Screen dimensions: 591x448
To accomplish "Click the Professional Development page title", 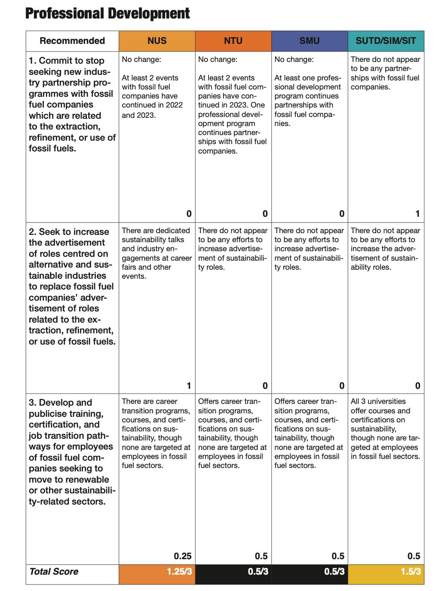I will [x=107, y=13].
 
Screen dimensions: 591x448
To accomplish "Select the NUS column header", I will [x=157, y=41].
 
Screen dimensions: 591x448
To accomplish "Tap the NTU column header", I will [x=233, y=41].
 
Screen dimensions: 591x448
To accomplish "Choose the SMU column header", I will [x=309, y=41].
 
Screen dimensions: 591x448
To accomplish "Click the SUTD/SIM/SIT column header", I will [x=386, y=41].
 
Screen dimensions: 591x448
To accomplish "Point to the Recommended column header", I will [x=72, y=41].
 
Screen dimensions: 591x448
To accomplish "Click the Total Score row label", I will [x=54, y=572].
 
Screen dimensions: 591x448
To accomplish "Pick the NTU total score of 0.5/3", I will [x=258, y=572].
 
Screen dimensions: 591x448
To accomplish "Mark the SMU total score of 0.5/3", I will [x=334, y=572].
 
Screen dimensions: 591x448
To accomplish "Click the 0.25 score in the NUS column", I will [x=183, y=556].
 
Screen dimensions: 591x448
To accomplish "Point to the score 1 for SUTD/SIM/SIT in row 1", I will [x=417, y=214].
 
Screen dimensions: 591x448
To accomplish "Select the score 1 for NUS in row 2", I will [x=189, y=386].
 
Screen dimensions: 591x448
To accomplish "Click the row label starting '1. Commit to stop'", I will [x=72, y=105].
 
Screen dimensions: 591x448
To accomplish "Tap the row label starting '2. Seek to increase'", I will [x=72, y=286].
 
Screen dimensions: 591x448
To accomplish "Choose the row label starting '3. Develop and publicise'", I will [x=72, y=452].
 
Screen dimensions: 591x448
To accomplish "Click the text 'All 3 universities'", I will [x=378, y=401].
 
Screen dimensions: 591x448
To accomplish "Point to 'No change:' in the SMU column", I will [x=294, y=59].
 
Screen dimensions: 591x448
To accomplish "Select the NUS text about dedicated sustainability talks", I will [x=156, y=253].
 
